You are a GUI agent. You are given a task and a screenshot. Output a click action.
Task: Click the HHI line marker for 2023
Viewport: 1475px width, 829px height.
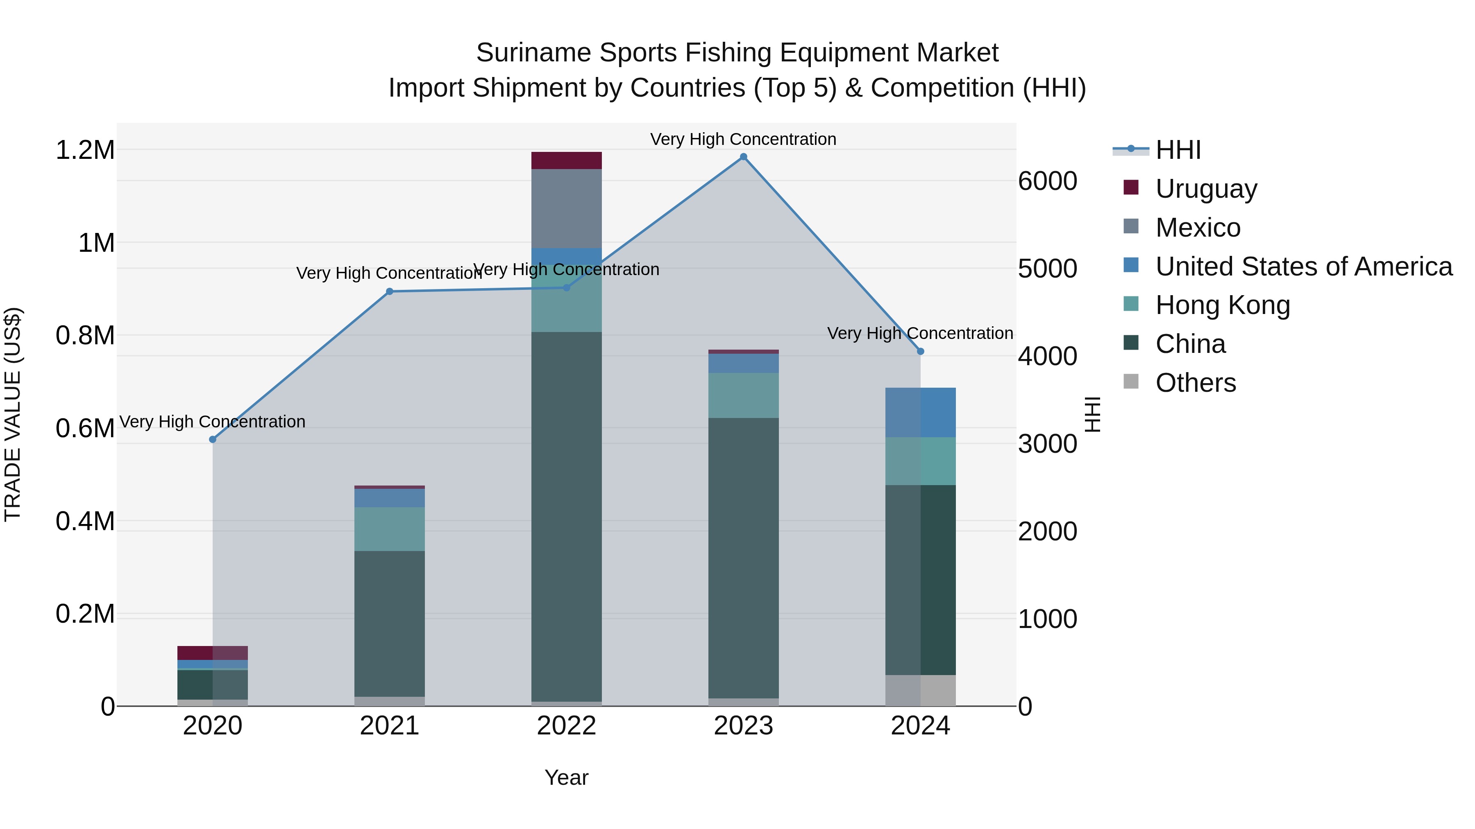(x=743, y=157)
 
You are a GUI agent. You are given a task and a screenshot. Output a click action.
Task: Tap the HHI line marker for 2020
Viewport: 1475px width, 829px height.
(x=212, y=439)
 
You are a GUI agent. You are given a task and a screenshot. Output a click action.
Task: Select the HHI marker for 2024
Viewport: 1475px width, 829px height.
(x=920, y=351)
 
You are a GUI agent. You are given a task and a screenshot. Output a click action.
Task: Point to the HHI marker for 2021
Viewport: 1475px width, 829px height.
(x=389, y=291)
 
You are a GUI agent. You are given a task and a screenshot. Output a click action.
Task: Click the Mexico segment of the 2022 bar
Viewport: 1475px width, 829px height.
(x=566, y=209)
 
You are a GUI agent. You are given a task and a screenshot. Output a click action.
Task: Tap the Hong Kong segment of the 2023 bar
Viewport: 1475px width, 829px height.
(x=743, y=395)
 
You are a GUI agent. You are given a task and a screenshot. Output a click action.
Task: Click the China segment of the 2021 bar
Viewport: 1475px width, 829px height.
(x=389, y=623)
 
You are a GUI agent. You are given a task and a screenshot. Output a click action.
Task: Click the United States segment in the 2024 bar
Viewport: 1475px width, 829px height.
(x=920, y=413)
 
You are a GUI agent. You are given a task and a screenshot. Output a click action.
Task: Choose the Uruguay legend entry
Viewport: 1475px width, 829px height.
(x=1206, y=188)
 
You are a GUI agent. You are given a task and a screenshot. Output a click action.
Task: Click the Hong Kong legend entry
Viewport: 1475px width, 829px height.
(x=1223, y=305)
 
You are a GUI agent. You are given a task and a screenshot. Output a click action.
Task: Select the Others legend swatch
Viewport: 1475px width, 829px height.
(x=1131, y=382)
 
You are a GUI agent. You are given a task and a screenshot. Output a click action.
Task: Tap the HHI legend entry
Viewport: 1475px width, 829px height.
(x=1178, y=150)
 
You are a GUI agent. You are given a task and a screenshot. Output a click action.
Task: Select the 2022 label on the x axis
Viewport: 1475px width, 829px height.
(x=566, y=726)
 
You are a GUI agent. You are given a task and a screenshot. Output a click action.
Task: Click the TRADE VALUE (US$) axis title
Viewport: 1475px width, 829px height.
(x=13, y=414)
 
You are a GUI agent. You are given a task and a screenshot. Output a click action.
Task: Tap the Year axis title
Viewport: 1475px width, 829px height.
(x=566, y=777)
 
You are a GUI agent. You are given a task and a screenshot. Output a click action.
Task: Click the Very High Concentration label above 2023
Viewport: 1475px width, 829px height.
(x=743, y=139)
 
